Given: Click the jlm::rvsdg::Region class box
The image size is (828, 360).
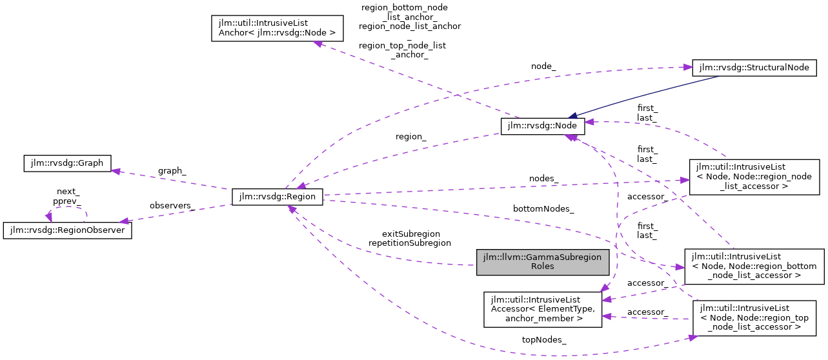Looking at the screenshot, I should (277, 197).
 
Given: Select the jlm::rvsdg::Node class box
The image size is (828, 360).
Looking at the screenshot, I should (543, 125).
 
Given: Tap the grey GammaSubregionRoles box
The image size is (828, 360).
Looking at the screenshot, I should (543, 261).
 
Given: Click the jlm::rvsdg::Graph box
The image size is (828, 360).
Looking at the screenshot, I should (67, 163).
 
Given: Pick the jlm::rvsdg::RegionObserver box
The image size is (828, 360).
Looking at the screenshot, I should (68, 230).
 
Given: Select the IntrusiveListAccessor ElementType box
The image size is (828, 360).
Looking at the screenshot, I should (543, 308).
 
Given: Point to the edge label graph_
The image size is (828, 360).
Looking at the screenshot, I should (172, 171).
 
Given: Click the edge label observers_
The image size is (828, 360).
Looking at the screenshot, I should (172, 205).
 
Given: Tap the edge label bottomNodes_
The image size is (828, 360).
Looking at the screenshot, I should (543, 209).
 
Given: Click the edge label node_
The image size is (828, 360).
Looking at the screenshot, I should (543, 66).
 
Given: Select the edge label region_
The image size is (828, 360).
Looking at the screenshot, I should (411, 137).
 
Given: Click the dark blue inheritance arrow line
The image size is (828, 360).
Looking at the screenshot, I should (645, 97).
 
